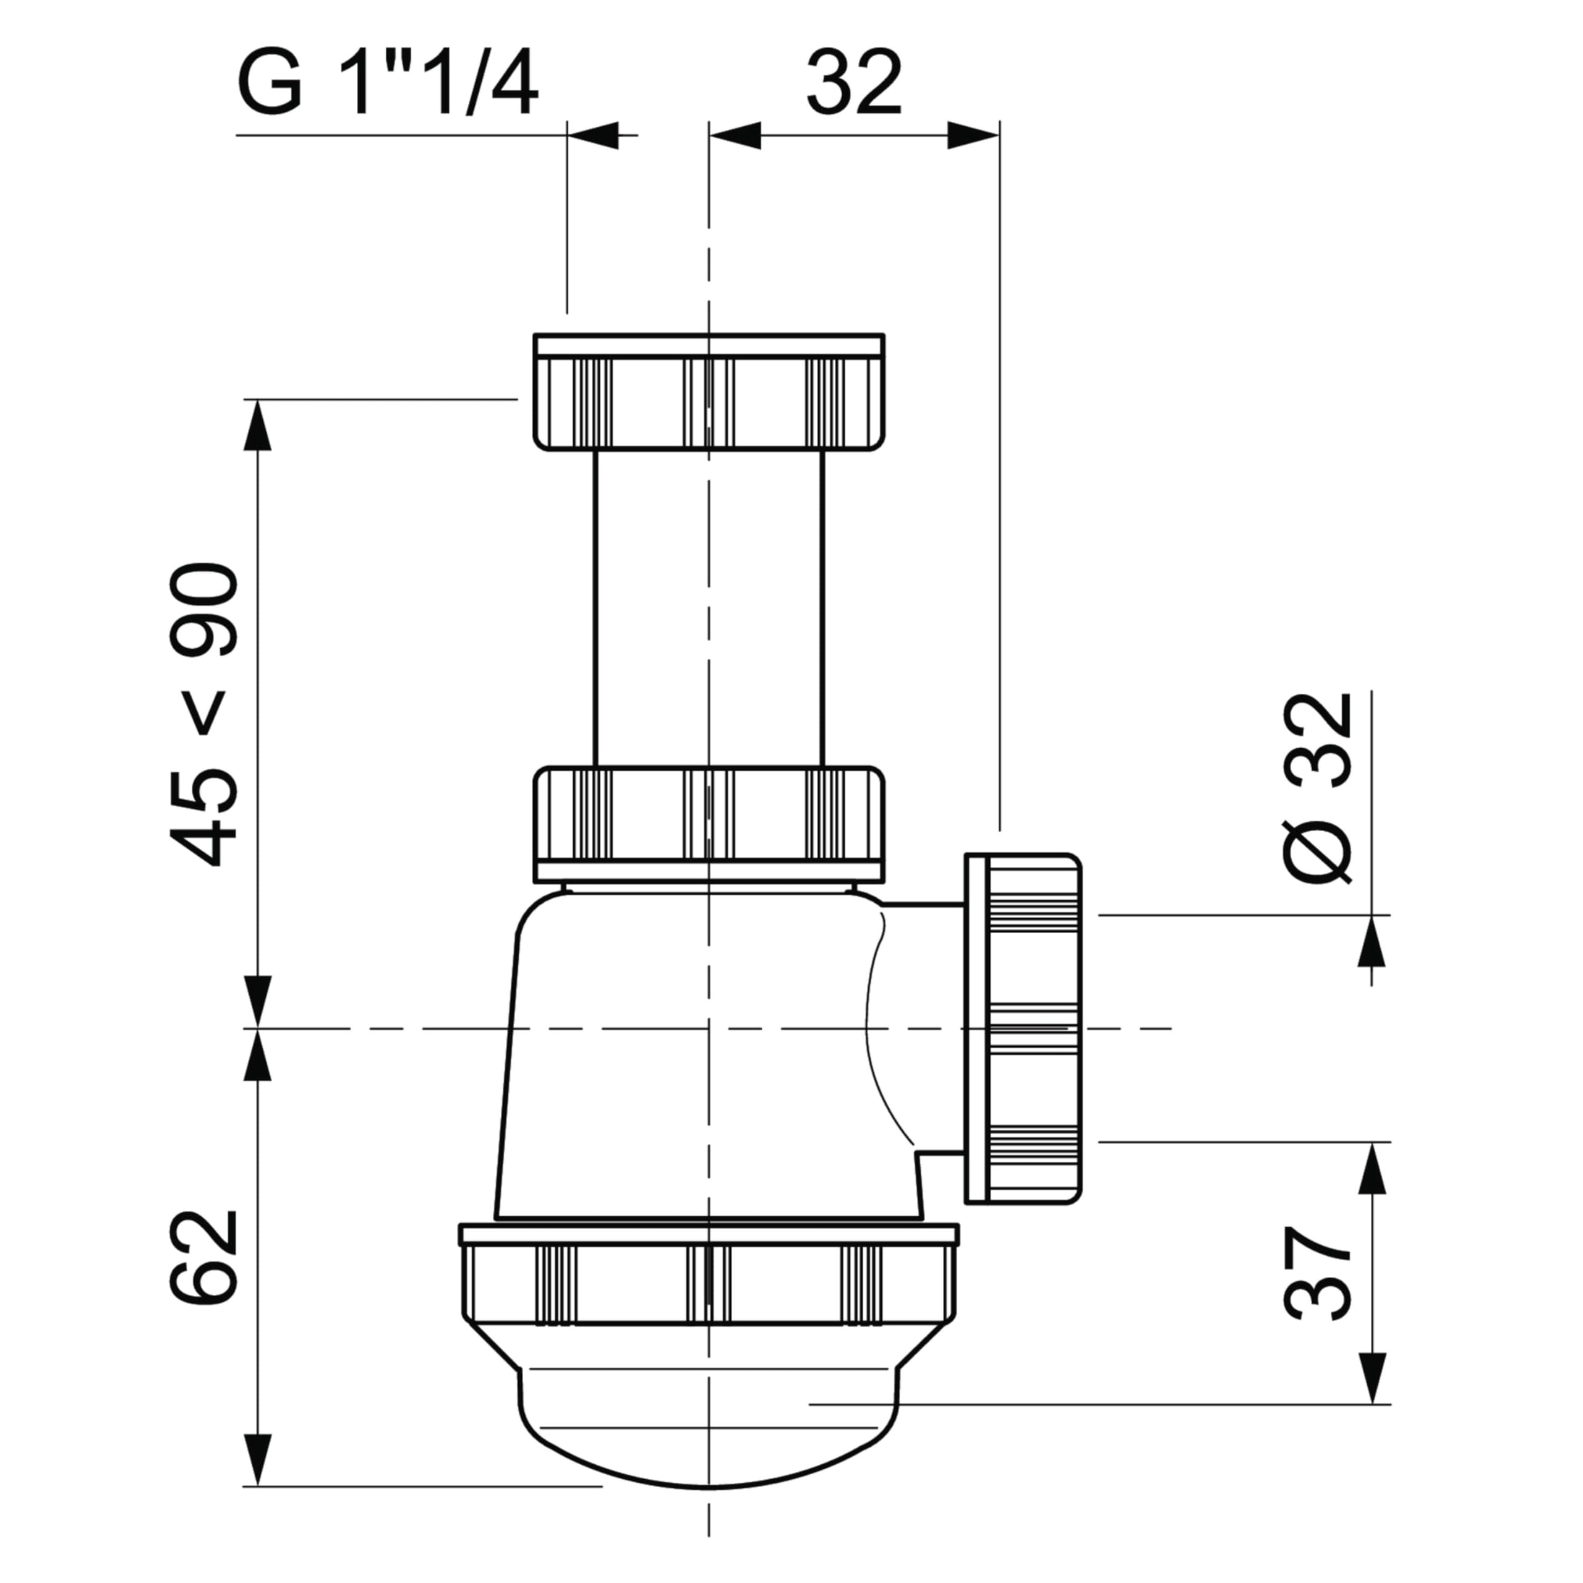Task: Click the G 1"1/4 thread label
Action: click(x=388, y=83)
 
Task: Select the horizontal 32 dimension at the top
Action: click(x=855, y=83)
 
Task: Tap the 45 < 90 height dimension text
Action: click(x=204, y=714)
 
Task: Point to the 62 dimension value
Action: click(x=204, y=1257)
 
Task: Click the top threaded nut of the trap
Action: click(x=709, y=391)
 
